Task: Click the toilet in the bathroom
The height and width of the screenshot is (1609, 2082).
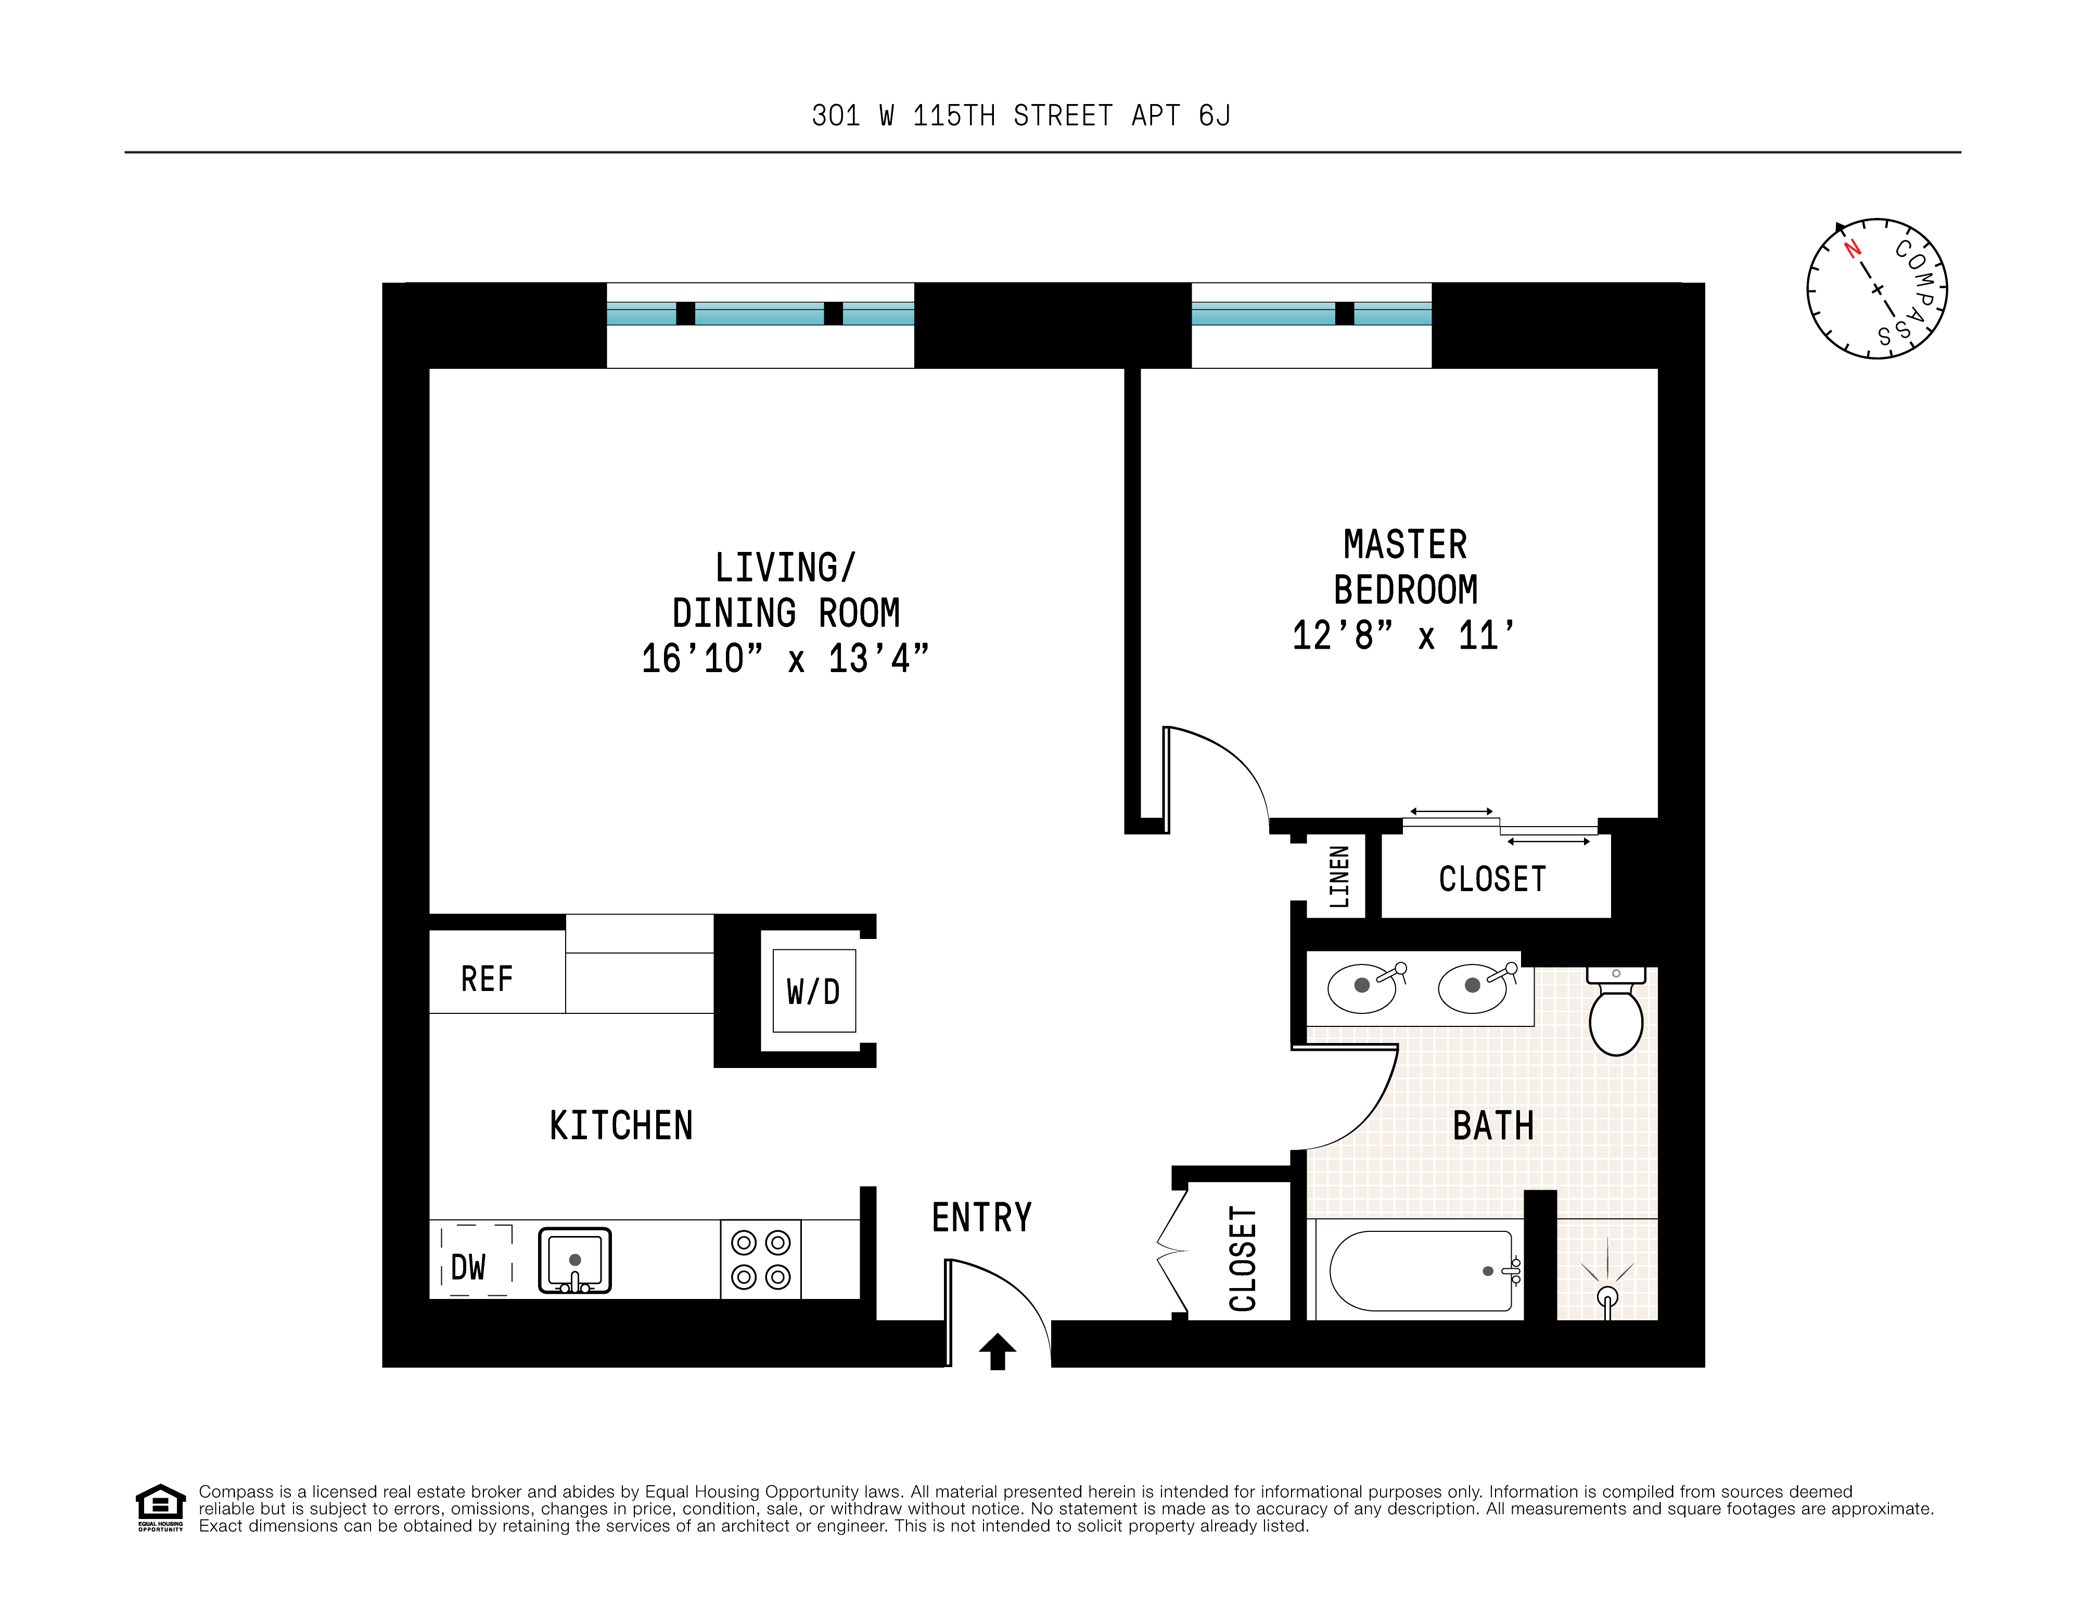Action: pyautogui.click(x=1616, y=1015)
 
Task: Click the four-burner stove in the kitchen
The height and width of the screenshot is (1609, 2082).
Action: pyautogui.click(x=761, y=1259)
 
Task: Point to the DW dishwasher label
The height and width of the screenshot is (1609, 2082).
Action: pyautogui.click(x=468, y=1268)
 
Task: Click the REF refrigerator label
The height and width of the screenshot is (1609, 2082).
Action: pyautogui.click(x=487, y=979)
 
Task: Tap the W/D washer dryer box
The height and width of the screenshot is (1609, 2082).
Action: pyautogui.click(x=813, y=992)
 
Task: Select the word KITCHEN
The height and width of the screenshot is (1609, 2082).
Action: pyautogui.click(x=621, y=1126)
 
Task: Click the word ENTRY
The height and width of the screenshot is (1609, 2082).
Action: pyautogui.click(x=982, y=1217)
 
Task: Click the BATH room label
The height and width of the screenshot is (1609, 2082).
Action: pyautogui.click(x=1493, y=1126)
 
